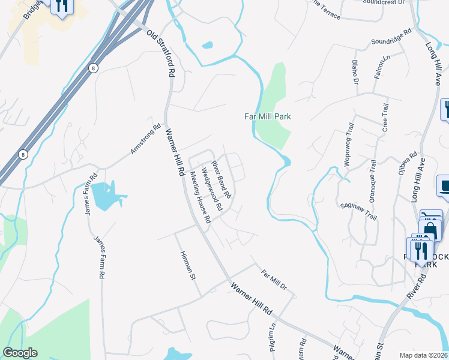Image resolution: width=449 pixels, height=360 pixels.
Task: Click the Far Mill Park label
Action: pos(267,116)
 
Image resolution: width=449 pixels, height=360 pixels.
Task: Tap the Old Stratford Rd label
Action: pos(160,53)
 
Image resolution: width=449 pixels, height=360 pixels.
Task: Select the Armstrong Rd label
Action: pos(146,139)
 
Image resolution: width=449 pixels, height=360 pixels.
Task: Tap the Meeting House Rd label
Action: pos(200,197)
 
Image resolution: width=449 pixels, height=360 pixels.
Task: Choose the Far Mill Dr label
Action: pos(274,280)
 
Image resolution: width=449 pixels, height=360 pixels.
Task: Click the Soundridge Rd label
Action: pos(391,37)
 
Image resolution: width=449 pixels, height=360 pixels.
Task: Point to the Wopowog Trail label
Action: pos(349,138)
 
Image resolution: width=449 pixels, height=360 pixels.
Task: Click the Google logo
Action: pos(20,353)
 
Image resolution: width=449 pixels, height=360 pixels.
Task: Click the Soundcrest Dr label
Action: pos(385,2)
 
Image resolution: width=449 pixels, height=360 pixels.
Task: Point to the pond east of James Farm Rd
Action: pos(107,196)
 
